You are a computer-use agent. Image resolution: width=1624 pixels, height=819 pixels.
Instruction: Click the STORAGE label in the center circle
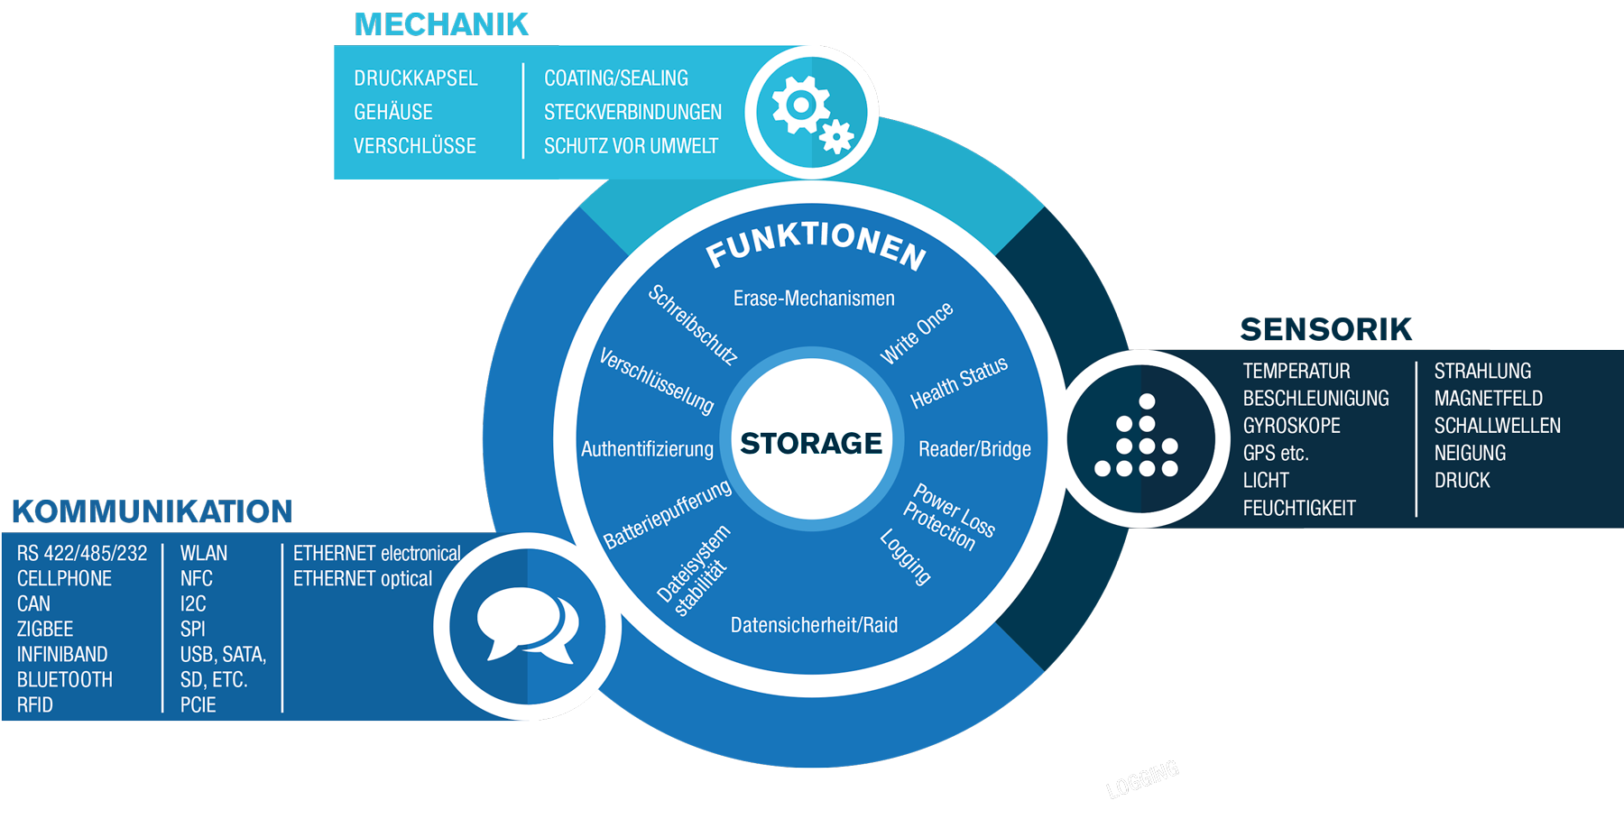point(811,444)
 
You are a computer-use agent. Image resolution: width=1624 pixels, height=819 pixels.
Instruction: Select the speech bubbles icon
point(528,625)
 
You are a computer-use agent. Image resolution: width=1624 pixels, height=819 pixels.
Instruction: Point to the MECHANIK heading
point(441,25)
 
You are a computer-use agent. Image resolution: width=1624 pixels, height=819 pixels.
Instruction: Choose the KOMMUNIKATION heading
point(152,511)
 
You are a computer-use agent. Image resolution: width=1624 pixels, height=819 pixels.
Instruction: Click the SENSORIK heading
point(1325,330)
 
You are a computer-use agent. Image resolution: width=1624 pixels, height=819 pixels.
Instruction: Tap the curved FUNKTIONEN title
point(816,244)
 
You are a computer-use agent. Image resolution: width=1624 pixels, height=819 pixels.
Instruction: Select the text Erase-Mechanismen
point(814,299)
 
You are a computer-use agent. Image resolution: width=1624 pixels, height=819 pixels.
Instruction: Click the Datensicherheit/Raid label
point(814,625)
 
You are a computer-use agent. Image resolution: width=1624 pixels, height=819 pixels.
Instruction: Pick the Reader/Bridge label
point(974,449)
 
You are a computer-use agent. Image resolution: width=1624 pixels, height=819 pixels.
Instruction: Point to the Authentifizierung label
point(647,449)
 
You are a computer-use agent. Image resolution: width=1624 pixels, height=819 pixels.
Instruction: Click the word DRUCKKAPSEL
point(416,78)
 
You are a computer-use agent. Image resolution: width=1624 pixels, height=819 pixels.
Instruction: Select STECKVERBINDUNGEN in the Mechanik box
point(632,112)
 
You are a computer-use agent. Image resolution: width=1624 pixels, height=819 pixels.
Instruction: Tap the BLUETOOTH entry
point(65,679)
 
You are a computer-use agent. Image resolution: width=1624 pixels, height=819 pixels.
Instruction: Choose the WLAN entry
point(204,553)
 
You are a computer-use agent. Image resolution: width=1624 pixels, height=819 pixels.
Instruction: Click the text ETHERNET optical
point(363,578)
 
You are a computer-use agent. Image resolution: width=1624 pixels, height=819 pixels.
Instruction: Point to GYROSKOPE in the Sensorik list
point(1291,426)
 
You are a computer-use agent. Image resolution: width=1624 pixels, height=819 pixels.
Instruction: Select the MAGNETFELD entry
point(1488,399)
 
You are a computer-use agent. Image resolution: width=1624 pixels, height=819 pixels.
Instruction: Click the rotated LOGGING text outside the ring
point(1142,778)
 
